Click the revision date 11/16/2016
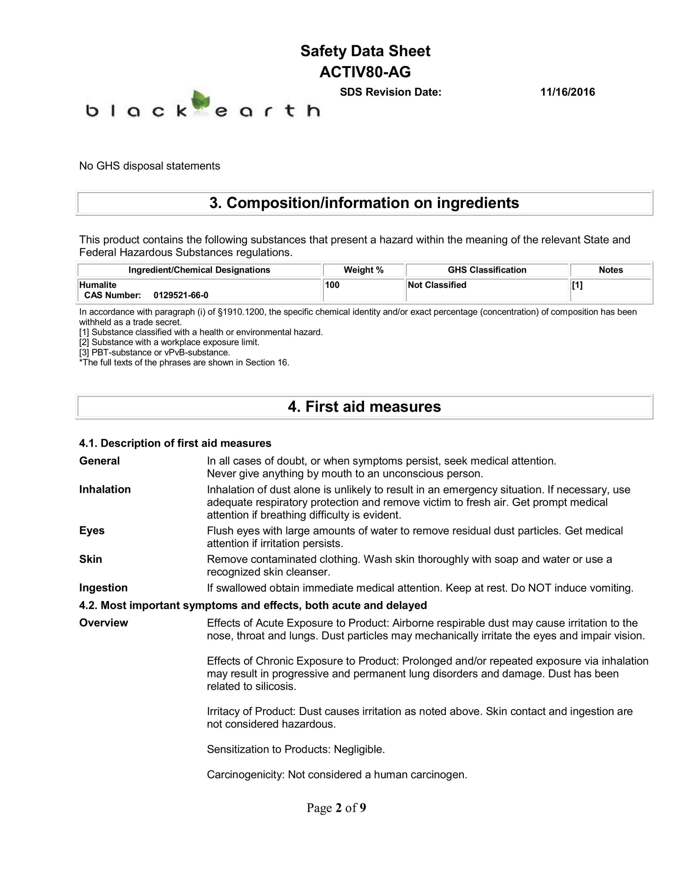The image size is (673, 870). click(567, 92)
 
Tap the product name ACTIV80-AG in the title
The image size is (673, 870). click(365, 72)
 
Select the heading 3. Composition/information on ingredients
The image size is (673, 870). click(364, 203)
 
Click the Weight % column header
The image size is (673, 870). click(363, 270)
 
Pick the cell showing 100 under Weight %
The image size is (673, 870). click(332, 285)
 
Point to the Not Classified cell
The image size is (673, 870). click(437, 285)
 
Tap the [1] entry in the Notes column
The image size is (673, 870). click(577, 285)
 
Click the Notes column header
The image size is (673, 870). click(610, 270)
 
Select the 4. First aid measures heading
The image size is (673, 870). click(364, 407)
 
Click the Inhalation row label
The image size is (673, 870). click(105, 489)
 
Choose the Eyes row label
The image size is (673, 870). click(92, 531)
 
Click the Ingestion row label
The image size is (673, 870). click(103, 588)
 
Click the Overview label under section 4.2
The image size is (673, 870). click(103, 623)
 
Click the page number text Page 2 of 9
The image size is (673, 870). click(336, 808)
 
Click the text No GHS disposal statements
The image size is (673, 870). click(150, 166)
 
